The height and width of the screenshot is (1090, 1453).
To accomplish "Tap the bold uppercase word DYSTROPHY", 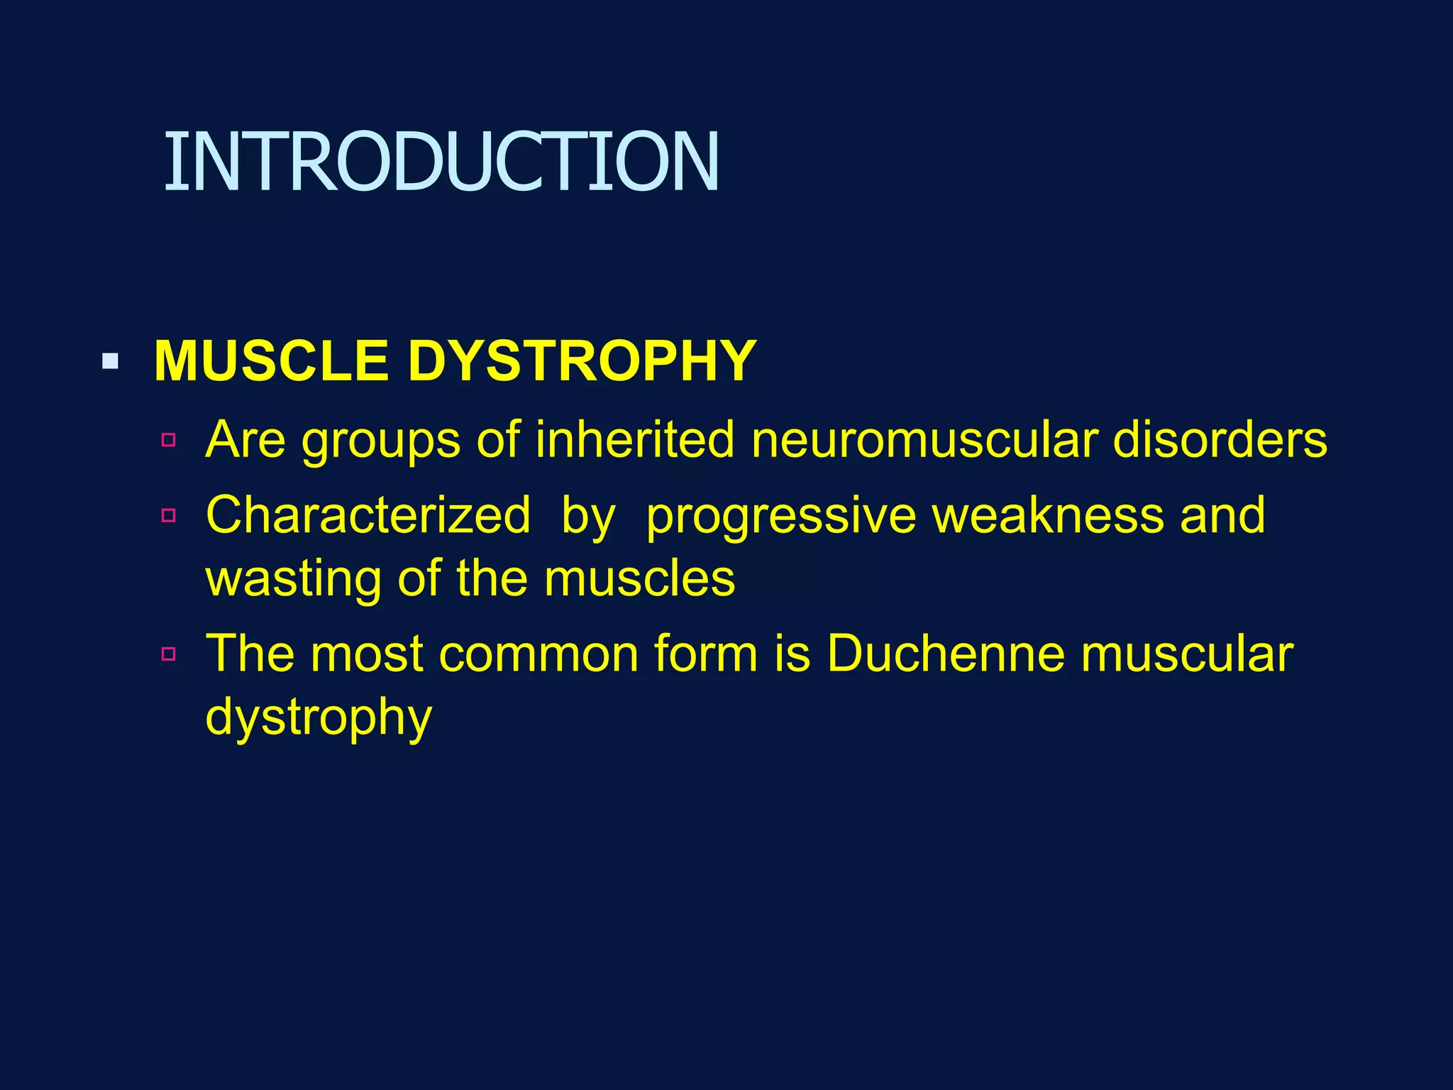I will pos(582,361).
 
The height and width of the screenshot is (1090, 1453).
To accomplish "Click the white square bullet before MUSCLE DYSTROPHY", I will pos(110,362).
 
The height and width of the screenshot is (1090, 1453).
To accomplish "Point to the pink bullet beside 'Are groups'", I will pos(168,440).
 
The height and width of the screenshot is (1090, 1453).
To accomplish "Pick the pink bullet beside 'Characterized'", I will pos(168,515).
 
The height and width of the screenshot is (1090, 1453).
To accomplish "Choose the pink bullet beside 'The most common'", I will pos(168,654).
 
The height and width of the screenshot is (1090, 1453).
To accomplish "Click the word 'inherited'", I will pos(635,440).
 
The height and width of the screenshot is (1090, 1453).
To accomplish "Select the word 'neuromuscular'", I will pos(923,440).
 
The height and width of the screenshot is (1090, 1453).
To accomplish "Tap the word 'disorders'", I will pos(1220,440).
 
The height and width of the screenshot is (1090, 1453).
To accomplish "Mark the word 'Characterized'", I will pos(368,515).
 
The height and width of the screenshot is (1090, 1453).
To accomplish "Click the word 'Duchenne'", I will pos(946,654).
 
